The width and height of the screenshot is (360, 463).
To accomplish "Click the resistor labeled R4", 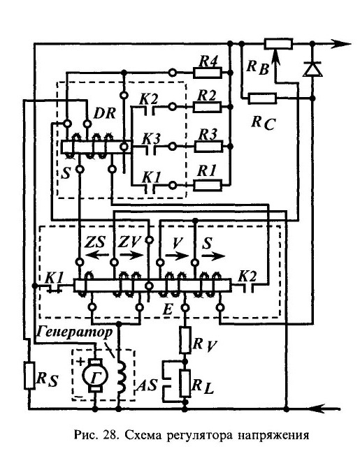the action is point(208,73).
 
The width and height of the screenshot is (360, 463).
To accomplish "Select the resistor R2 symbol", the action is point(207,107).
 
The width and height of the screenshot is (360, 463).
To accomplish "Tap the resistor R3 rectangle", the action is point(208,147).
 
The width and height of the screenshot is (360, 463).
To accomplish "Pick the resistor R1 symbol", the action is point(208,186).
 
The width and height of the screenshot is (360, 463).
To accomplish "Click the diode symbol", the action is point(312,69).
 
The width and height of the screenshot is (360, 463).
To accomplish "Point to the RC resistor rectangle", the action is point(262,98).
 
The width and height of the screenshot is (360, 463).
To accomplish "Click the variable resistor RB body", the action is point(278,44).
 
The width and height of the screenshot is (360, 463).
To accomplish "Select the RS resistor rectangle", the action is point(29,376).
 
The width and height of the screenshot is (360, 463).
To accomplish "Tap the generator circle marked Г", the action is point(95,375).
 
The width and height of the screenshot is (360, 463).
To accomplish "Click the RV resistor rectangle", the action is point(185,340).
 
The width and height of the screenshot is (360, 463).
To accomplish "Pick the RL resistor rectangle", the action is point(185,383).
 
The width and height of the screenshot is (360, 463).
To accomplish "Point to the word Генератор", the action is point(75,332).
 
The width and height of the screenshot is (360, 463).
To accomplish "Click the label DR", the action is point(104,113).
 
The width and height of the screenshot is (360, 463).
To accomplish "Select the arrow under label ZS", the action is point(96,255).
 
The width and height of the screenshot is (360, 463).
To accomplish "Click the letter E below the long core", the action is point(168,310).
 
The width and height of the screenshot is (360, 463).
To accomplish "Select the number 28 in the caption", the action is point(110,434).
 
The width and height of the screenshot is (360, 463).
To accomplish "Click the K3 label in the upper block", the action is point(151,138).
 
